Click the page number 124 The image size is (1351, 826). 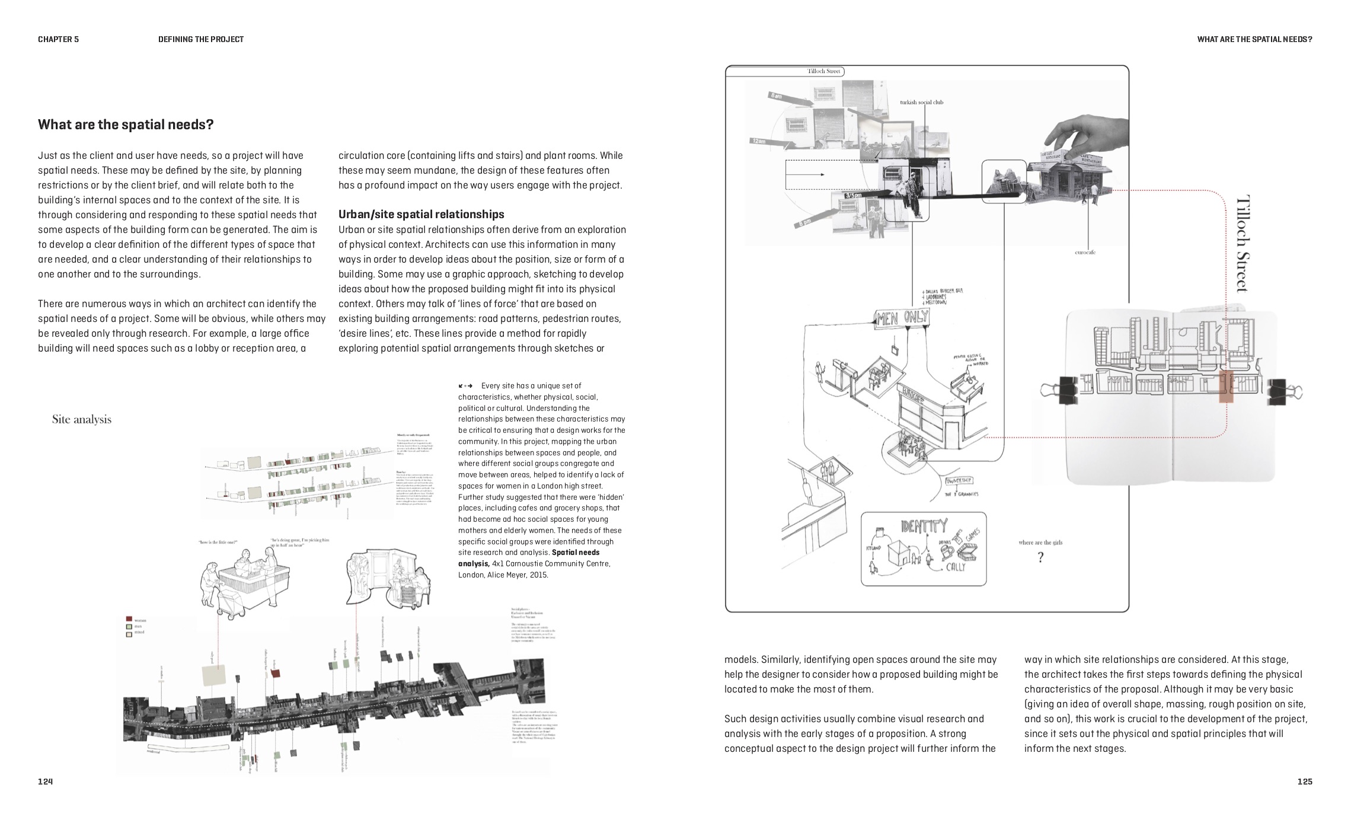point(46,782)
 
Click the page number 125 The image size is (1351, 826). point(1305,782)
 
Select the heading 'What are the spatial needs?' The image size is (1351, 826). point(126,125)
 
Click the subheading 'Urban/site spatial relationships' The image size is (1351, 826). point(421,214)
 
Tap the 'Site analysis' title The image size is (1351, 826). point(82,419)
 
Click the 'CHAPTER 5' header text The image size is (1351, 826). point(58,39)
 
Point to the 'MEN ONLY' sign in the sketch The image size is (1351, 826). point(902,318)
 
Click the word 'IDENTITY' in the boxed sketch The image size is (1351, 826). point(924,526)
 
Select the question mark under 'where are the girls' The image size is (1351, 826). point(1040,557)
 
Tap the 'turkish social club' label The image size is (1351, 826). point(921,102)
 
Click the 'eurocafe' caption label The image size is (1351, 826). point(1085,253)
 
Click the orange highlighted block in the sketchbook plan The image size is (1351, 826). point(1226,387)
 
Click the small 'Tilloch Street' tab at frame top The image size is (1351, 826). point(825,71)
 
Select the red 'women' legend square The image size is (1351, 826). point(129,619)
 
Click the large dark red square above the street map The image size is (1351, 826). point(275,673)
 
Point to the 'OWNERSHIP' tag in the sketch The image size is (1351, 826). point(959,480)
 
